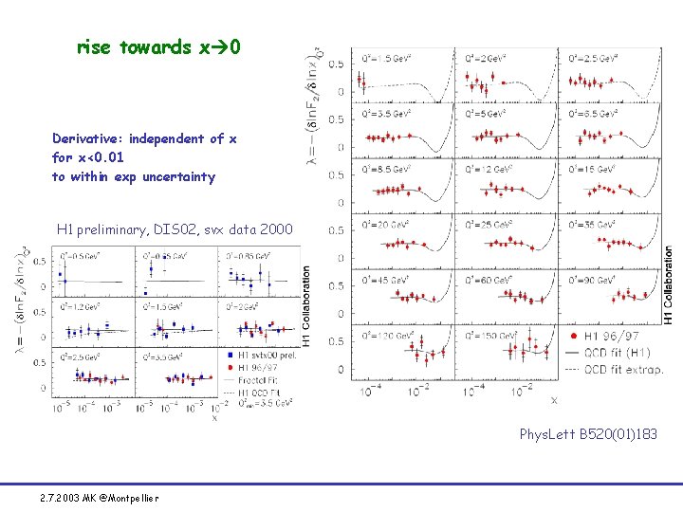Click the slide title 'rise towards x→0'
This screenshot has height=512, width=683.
pyautogui.click(x=164, y=46)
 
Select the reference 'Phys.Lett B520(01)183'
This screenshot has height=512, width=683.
pyautogui.click(x=587, y=434)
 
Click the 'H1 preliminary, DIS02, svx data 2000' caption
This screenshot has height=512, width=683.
pyautogui.click(x=175, y=229)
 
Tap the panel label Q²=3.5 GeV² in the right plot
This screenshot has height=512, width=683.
pyautogui.click(x=385, y=113)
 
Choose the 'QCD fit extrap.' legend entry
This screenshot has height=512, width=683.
pyautogui.click(x=623, y=370)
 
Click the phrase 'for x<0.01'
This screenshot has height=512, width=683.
pyautogui.click(x=87, y=157)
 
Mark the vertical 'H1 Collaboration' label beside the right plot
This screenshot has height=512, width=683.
pyautogui.click(x=670, y=284)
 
